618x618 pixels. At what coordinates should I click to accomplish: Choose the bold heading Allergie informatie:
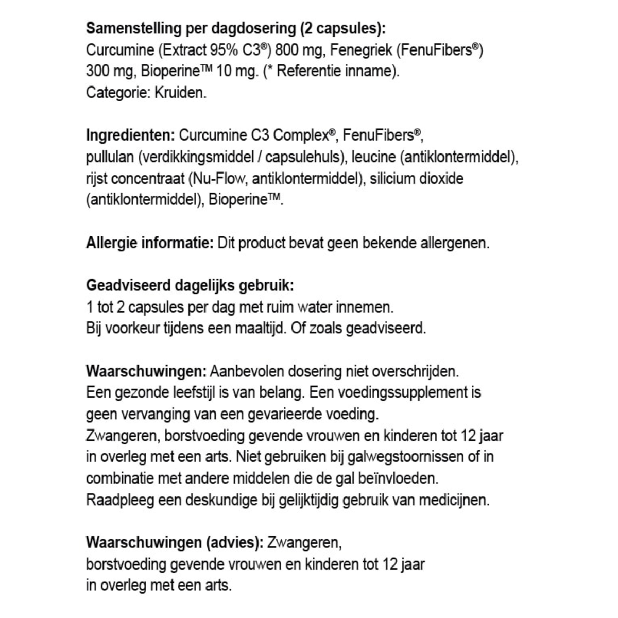(x=149, y=243)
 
